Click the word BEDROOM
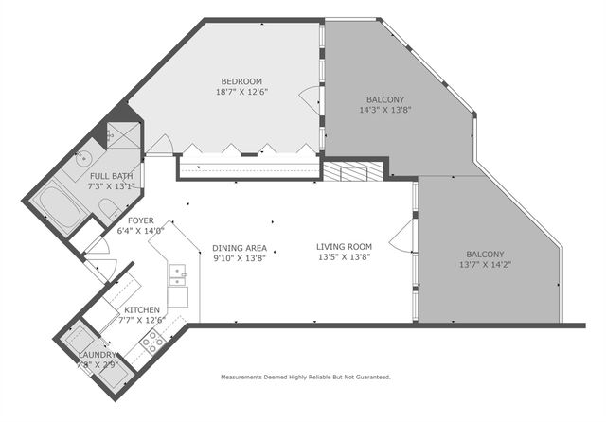tap(241, 81)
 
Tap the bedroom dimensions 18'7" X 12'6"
tap(241, 93)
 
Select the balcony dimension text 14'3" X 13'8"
tap(385, 110)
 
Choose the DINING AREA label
tap(239, 248)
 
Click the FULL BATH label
tap(111, 176)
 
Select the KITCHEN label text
tap(142, 310)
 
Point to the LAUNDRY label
tap(98, 354)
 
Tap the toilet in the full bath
tap(110, 208)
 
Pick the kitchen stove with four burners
tap(151, 343)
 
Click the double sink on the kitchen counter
tap(176, 276)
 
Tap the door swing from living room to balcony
tap(404, 234)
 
